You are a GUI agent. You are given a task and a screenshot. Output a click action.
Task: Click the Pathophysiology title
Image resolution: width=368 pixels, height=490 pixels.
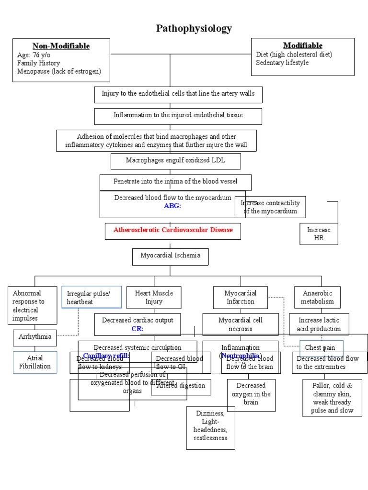click(x=194, y=29)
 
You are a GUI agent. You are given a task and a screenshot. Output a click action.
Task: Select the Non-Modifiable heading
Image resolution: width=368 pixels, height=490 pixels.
click(x=61, y=46)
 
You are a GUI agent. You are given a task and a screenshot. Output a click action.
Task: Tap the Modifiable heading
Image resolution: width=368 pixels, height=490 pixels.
click(x=302, y=45)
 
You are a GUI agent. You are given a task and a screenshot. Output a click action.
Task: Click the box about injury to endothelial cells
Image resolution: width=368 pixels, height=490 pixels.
click(x=178, y=94)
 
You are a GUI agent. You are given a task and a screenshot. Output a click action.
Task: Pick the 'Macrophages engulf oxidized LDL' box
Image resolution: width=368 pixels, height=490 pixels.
click(x=175, y=161)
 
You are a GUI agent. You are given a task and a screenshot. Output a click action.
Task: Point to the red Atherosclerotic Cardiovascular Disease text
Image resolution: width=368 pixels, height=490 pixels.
click(x=173, y=230)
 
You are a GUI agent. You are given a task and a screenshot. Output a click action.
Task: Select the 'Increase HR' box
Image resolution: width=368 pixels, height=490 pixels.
click(x=319, y=234)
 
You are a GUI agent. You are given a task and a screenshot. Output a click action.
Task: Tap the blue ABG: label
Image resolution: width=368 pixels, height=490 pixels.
click(x=172, y=206)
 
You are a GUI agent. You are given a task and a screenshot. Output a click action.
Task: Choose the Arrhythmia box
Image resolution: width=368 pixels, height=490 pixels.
click(x=34, y=337)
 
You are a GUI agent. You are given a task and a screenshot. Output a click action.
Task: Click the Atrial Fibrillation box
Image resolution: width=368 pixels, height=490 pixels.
click(x=34, y=362)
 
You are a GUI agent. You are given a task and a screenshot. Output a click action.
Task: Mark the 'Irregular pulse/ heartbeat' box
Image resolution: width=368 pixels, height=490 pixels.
click(x=91, y=297)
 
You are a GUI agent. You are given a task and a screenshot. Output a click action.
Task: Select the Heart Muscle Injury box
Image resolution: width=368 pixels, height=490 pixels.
click(x=154, y=297)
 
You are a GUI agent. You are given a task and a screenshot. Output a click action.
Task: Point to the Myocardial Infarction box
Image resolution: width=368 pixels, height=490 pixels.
click(x=240, y=297)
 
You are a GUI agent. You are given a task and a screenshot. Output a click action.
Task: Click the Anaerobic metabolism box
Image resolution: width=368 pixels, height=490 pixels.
click(x=317, y=297)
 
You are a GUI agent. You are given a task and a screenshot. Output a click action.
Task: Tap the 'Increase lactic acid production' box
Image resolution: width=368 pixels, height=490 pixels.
click(x=319, y=324)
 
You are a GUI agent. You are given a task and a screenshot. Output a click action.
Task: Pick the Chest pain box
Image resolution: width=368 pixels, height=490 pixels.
click(x=321, y=348)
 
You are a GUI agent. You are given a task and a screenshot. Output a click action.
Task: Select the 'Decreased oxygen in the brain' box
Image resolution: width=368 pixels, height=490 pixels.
click(x=251, y=394)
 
